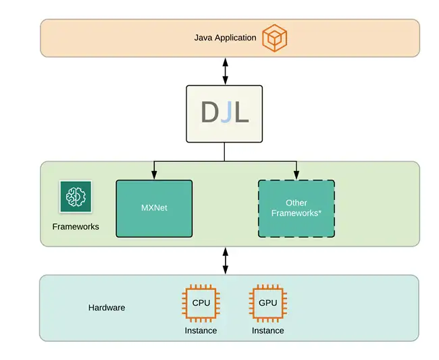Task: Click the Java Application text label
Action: [x=225, y=38]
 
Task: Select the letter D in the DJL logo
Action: [x=209, y=113]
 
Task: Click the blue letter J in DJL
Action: [x=226, y=113]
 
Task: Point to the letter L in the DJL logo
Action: [x=241, y=113]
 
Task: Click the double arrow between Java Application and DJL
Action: [x=225, y=71]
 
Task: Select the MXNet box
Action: [x=154, y=208]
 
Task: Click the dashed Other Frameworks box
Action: [x=296, y=208]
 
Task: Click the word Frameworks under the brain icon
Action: [x=76, y=227]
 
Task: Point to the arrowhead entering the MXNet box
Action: [x=154, y=176]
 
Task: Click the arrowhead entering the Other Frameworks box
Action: [x=296, y=176]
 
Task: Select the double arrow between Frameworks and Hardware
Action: [x=225, y=260]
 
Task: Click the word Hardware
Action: [x=107, y=308]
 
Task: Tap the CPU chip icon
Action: [x=201, y=303]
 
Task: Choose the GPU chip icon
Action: [x=267, y=303]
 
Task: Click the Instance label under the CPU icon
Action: [x=201, y=331]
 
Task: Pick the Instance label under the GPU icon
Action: [x=267, y=331]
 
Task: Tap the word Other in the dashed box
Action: [x=296, y=203]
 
